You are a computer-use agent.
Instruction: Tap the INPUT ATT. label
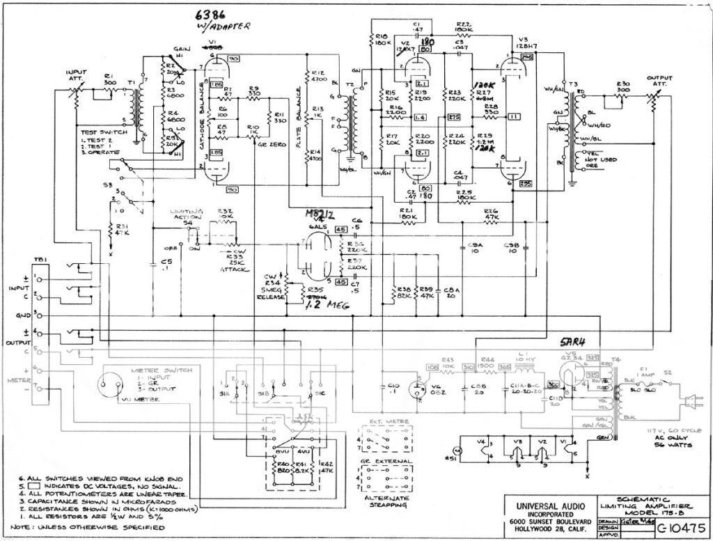pyautogui.click(x=77, y=75)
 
